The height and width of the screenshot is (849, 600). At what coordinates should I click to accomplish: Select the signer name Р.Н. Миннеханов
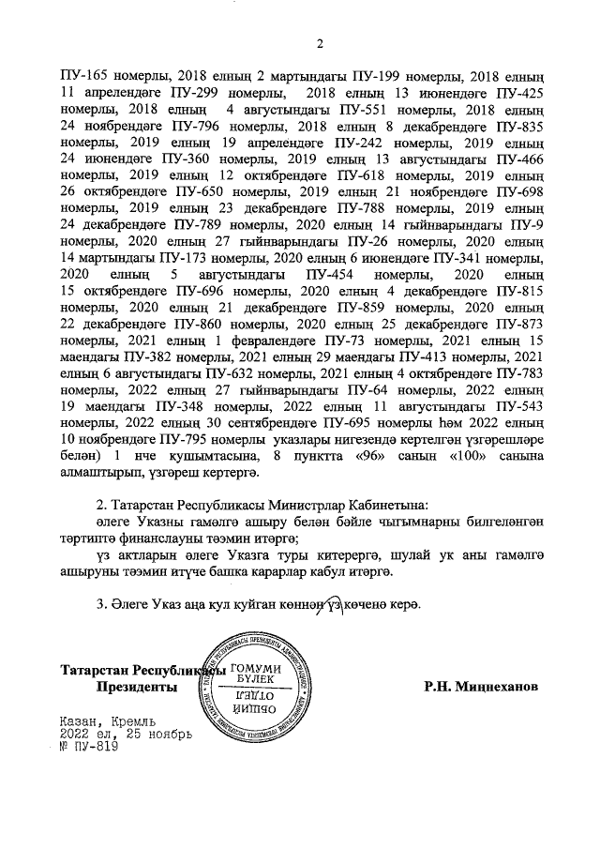pos(481,687)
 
